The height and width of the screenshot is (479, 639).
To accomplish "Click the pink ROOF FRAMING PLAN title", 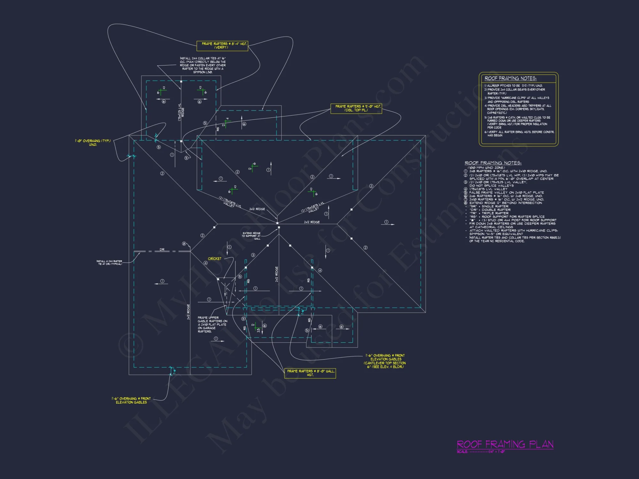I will (x=505, y=444).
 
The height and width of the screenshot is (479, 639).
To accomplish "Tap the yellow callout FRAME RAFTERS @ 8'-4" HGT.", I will (x=222, y=45).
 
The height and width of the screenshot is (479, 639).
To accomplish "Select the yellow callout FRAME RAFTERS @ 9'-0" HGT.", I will (x=356, y=108).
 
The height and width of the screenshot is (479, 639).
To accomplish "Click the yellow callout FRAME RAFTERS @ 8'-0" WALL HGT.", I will (x=310, y=373).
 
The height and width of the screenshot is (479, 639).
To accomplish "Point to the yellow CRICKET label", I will (x=214, y=259).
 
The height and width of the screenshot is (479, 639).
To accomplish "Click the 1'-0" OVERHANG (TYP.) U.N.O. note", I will (x=93, y=143).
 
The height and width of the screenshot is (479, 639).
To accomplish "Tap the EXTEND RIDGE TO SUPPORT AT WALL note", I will (x=251, y=236).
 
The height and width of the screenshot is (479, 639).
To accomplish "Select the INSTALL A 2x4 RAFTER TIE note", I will (x=109, y=262).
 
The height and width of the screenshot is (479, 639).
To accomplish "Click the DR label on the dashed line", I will (x=162, y=249).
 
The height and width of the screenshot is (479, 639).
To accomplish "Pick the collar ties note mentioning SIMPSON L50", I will (x=203, y=65).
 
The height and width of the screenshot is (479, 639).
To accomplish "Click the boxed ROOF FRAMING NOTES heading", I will (x=510, y=78).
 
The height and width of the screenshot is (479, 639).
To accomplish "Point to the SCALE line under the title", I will (x=481, y=452).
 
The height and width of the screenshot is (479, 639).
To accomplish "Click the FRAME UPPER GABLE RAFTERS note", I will (x=212, y=324).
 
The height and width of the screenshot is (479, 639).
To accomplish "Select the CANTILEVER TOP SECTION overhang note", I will (x=385, y=361).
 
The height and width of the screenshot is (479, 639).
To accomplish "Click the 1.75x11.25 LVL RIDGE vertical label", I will (x=181, y=112).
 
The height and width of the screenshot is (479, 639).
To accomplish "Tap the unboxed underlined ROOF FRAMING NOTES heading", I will (x=493, y=163).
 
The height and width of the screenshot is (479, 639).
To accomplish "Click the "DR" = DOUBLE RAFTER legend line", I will (x=490, y=210).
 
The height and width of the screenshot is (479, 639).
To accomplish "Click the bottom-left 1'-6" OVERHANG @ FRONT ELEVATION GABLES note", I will (x=131, y=400).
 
